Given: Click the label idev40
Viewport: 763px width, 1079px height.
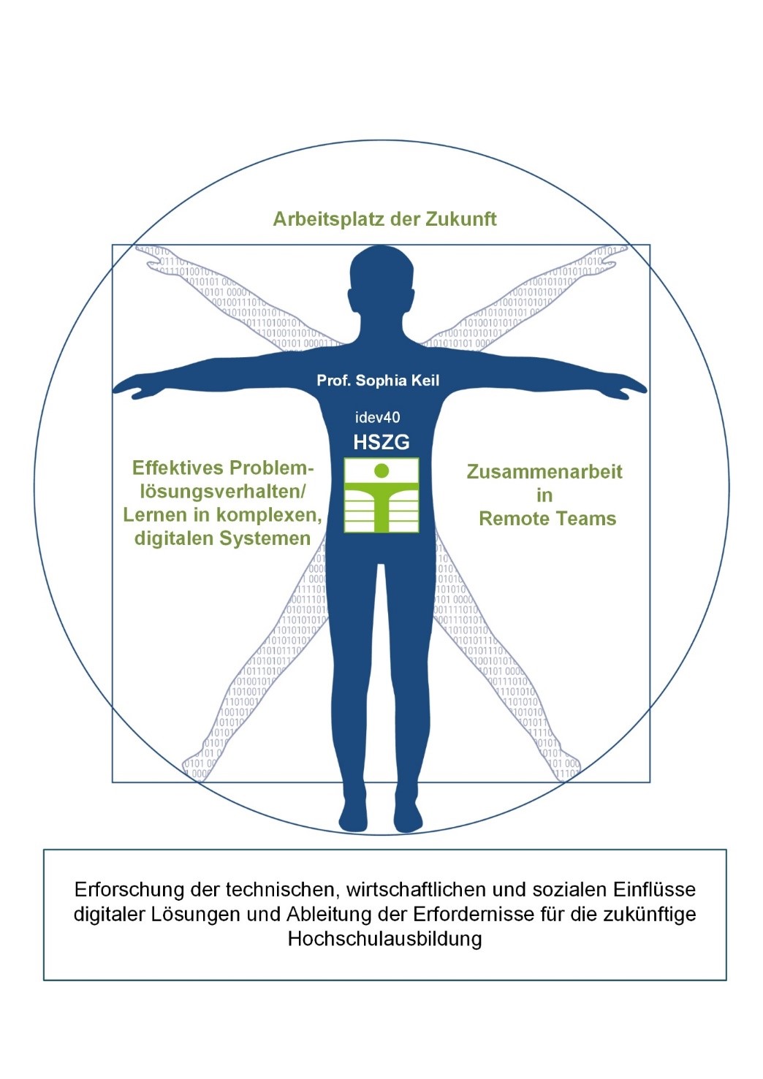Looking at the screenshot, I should [377, 418].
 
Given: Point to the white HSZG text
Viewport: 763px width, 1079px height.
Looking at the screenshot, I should [381, 442].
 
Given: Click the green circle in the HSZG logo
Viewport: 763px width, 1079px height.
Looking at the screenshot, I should [381, 470].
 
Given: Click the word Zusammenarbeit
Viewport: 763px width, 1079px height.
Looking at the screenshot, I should [544, 472].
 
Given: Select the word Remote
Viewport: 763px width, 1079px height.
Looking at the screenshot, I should [512, 519].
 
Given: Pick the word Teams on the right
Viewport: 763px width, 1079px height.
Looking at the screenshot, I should [584, 519].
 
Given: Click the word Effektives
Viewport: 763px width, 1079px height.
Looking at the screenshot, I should [175, 468].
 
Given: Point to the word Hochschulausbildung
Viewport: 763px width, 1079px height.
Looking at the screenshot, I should [384, 939].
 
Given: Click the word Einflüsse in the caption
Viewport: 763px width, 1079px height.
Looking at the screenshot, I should [654, 890].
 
